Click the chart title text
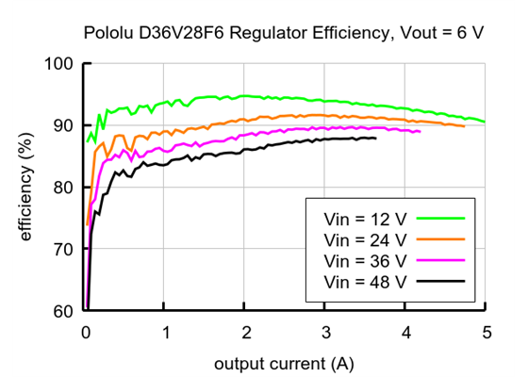(x=284, y=33)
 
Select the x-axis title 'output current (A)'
(x=284, y=362)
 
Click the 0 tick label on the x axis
(x=86, y=331)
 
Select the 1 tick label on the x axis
(x=166, y=331)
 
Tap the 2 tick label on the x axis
(x=246, y=331)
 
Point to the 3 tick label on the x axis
(x=325, y=331)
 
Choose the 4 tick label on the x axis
(x=405, y=331)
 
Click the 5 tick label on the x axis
(x=486, y=331)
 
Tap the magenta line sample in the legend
(x=443, y=260)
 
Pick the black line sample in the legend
(x=443, y=282)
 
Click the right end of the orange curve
(x=464, y=125)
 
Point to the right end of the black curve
(x=375, y=139)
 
